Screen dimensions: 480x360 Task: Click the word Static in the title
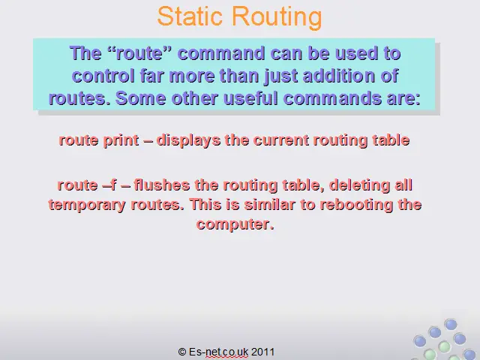[190, 16]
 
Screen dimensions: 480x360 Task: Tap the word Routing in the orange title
[277, 18]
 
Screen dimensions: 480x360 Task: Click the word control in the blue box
[103, 76]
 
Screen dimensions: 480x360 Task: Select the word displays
[188, 141]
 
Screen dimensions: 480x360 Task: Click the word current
[281, 140]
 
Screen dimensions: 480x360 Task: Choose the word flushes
[162, 185]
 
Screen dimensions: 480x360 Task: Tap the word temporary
[87, 205]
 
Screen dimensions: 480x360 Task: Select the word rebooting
[356, 205]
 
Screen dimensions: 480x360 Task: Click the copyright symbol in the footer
[182, 352]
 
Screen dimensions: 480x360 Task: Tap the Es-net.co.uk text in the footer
[218, 352]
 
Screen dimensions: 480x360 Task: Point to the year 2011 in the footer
[262, 352]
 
